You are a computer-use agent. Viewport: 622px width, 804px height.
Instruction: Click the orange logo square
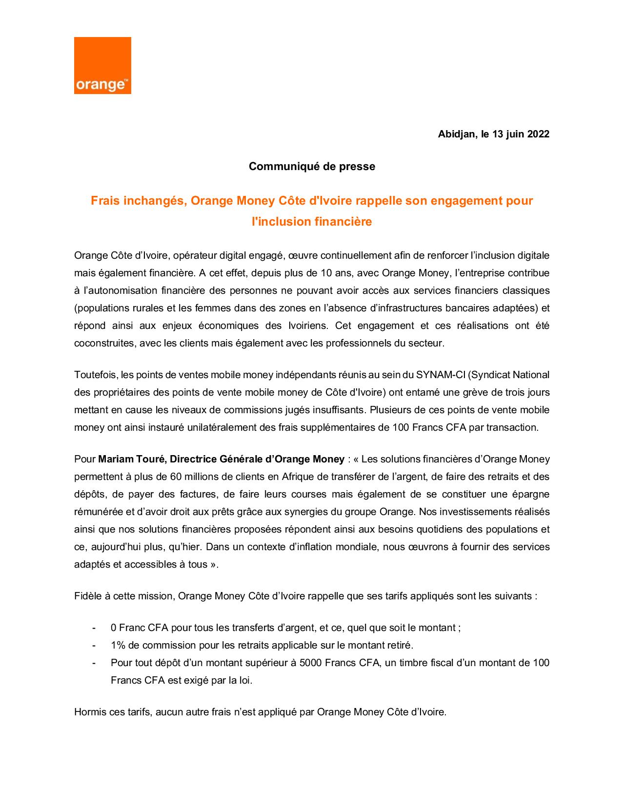(102, 65)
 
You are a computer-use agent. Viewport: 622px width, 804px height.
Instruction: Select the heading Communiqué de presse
(312, 167)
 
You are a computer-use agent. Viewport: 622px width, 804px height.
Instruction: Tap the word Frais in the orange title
(105, 201)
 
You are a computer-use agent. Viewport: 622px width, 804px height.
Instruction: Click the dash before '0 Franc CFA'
(94, 628)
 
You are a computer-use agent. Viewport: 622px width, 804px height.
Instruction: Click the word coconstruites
(104, 343)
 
